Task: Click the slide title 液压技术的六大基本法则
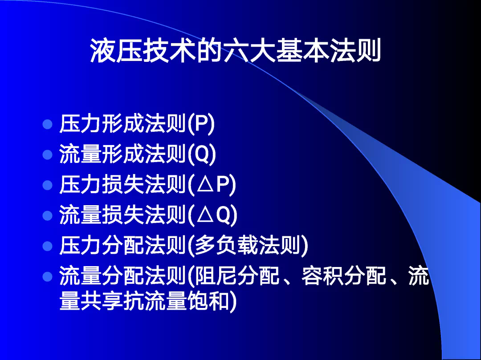tap(236, 51)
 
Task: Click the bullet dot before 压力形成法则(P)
tap(48, 125)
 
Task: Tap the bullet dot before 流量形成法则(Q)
tap(48, 155)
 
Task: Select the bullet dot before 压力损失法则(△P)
tap(48, 185)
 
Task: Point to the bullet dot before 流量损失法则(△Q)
tap(48, 215)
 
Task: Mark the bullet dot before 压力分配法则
tap(48, 246)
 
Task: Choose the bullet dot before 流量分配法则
tap(48, 276)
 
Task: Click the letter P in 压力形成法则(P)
tap(200, 124)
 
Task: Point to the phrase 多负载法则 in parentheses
tap(248, 245)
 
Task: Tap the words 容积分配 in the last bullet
tap(343, 276)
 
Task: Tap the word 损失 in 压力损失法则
tap(123, 185)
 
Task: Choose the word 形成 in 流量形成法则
tap(123, 154)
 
